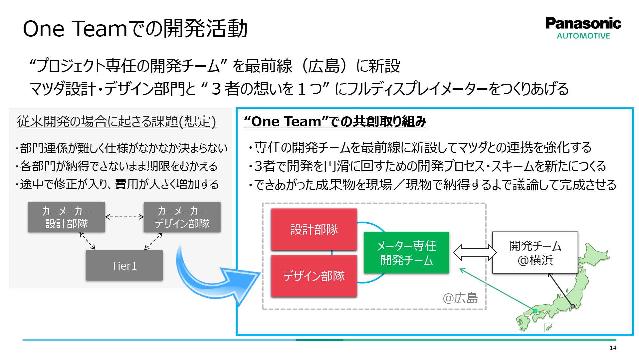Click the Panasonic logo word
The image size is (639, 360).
tap(583, 23)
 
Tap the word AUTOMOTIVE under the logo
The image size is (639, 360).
tap(583, 36)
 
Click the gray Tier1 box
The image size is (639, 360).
tap(124, 265)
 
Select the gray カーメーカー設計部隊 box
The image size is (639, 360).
tap(66, 217)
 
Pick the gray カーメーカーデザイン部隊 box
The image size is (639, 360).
tap(182, 217)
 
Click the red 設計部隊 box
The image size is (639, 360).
tap(314, 229)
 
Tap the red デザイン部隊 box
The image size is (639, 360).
tap(314, 276)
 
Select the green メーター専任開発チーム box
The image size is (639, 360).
tap(406, 253)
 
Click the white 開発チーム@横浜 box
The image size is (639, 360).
tap(535, 253)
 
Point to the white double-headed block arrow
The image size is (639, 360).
tap(475, 252)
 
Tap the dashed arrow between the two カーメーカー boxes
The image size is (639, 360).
tap(124, 217)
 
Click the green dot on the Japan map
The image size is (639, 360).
tap(535, 311)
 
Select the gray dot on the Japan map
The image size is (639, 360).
tap(572, 306)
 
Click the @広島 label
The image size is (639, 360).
tap(460, 298)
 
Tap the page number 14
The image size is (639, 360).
tap(613, 348)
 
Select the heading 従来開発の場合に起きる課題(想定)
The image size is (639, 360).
tap(116, 121)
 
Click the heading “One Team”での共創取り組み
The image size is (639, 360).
tap(335, 121)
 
